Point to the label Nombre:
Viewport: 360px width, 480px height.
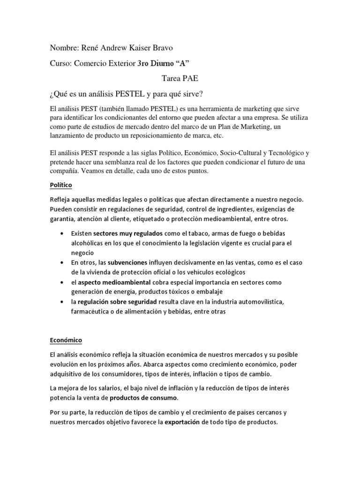(65, 48)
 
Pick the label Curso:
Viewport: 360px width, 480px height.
(61, 63)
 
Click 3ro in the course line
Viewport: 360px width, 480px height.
(145, 63)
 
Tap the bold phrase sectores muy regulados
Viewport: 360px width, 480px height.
(127, 233)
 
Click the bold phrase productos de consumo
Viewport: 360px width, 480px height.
(144, 398)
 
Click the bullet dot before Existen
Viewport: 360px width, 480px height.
(62, 233)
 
